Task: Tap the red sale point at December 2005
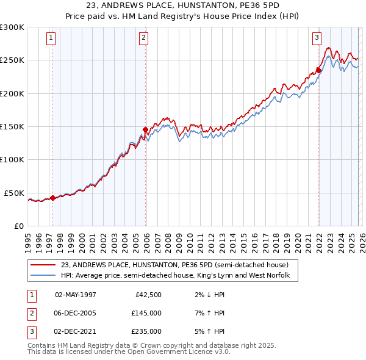coord(145,129)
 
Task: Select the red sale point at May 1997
coord(52,197)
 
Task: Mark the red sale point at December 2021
coord(318,70)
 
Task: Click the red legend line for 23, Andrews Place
coord(43,265)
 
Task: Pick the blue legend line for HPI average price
coord(43,276)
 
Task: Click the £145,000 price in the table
coord(146,313)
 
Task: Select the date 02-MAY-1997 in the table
coord(76,295)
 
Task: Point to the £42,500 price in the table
coord(148,295)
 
